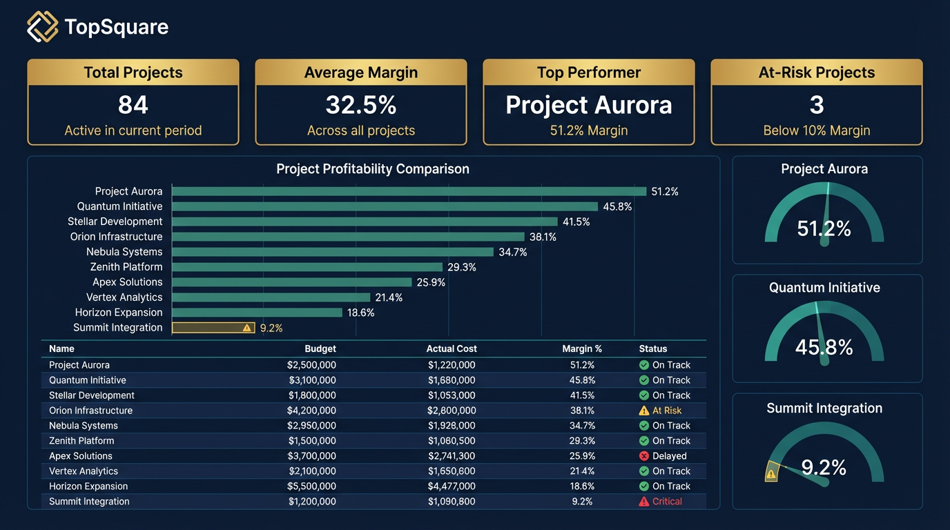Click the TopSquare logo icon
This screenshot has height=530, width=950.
pyautogui.click(x=43, y=27)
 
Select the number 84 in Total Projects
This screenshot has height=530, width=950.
pyautogui.click(x=133, y=105)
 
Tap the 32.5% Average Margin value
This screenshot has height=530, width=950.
pyautogui.click(x=361, y=105)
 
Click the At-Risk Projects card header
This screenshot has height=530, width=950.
pyautogui.click(x=816, y=72)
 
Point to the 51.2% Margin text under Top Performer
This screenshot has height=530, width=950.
pyautogui.click(x=588, y=130)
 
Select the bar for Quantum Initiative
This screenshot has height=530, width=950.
pyautogui.click(x=385, y=206)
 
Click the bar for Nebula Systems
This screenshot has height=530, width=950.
pyautogui.click(x=333, y=252)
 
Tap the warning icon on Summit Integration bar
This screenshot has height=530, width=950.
pyautogui.click(x=247, y=328)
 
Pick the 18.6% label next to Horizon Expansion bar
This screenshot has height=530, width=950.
pyautogui.click(x=360, y=313)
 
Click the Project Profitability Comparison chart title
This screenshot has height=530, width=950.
pyautogui.click(x=373, y=169)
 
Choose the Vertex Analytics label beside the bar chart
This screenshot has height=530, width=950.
pyautogui.click(x=124, y=297)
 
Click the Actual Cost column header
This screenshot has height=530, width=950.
pyautogui.click(x=452, y=349)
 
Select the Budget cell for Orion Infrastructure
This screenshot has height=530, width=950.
pyautogui.click(x=312, y=411)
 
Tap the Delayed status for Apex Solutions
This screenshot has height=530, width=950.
pyautogui.click(x=669, y=456)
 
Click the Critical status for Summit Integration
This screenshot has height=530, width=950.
pyautogui.click(x=667, y=502)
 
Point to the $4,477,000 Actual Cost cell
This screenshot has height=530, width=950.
pyautogui.click(x=452, y=487)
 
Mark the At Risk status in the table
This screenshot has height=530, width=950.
pyautogui.click(x=666, y=411)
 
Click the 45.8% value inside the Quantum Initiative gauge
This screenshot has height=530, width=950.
pyautogui.click(x=824, y=347)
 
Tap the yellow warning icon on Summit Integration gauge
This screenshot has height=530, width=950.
pyautogui.click(x=771, y=473)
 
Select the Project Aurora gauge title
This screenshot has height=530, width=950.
pyautogui.click(x=824, y=169)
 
